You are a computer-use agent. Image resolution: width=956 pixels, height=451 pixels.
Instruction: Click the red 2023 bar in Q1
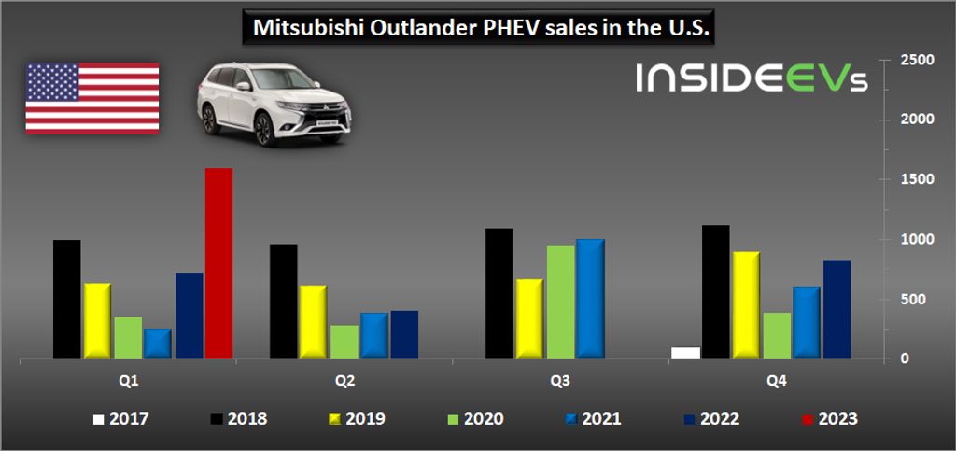(x=218, y=263)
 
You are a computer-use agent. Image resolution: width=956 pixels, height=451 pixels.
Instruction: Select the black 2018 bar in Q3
(x=499, y=293)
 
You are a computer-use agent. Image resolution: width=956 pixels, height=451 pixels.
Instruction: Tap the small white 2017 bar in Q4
(x=684, y=353)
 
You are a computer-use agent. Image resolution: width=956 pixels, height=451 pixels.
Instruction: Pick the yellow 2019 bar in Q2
(x=313, y=321)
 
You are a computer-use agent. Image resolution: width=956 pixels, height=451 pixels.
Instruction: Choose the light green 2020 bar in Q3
(x=560, y=301)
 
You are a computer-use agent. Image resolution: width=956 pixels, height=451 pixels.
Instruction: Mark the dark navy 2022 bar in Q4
(x=836, y=309)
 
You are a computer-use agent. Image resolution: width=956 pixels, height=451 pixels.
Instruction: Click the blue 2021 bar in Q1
(x=158, y=343)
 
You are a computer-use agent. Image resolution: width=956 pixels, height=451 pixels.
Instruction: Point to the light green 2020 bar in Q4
(x=776, y=335)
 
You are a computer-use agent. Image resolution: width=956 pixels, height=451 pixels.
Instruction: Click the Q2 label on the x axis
(x=343, y=381)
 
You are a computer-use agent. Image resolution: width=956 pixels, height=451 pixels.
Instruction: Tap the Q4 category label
(x=777, y=381)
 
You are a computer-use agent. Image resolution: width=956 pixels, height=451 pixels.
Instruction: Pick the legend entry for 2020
(x=472, y=419)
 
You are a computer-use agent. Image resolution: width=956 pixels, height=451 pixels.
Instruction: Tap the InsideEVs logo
(x=752, y=78)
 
